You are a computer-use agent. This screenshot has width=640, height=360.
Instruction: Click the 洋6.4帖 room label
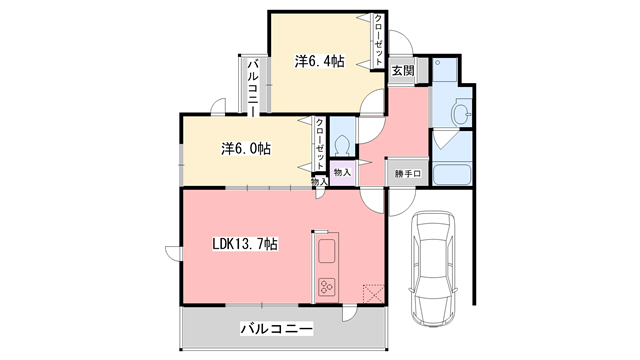tap(319, 61)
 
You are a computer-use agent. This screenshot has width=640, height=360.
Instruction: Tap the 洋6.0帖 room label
tap(245, 149)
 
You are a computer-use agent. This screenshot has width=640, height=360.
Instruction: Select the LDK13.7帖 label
tap(244, 244)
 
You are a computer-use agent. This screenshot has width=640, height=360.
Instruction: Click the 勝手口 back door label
tap(408, 173)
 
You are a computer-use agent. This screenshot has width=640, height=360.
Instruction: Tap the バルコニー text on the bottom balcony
tap(276, 328)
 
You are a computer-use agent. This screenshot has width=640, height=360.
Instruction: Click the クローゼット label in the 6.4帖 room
tap(378, 41)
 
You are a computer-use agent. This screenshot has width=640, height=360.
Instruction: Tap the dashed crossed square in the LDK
tap(374, 293)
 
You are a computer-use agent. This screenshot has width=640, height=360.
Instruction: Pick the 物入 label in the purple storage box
tap(342, 172)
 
